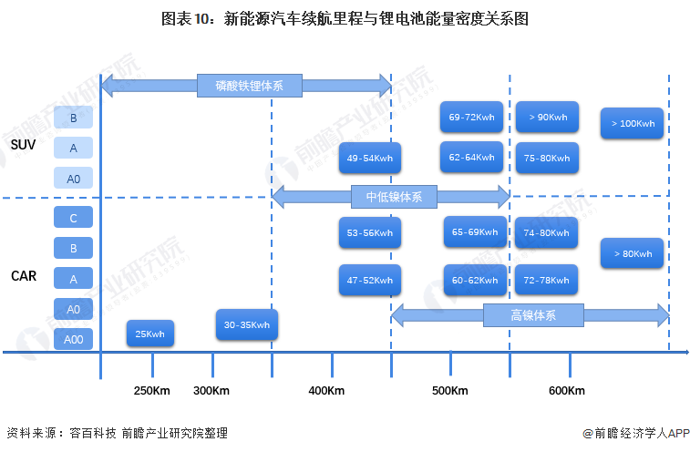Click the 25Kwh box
(x=150, y=334)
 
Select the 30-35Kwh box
(x=247, y=324)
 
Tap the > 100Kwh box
(x=632, y=123)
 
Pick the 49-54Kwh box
(x=370, y=158)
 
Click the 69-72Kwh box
(x=471, y=117)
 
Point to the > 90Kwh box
(x=547, y=117)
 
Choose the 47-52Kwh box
(x=370, y=280)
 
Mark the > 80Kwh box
(x=632, y=253)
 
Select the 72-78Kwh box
(x=546, y=280)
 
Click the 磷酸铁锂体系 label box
(x=250, y=86)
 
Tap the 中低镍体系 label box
(x=394, y=197)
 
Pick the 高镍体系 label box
(x=533, y=315)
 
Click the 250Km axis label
(x=152, y=390)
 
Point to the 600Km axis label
(x=567, y=390)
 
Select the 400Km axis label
(x=326, y=390)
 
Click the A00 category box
(x=74, y=339)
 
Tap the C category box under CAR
(x=74, y=218)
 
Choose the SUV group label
(x=23, y=144)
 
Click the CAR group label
(x=24, y=276)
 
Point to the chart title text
(x=345, y=19)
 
